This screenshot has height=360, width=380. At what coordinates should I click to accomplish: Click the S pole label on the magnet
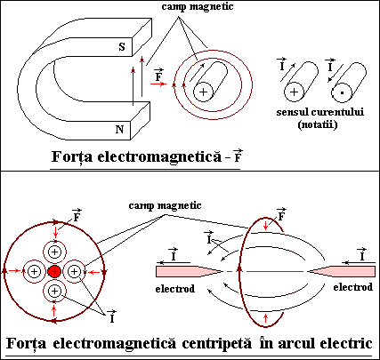click(x=122, y=47)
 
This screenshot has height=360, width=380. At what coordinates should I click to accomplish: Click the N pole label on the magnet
click(x=119, y=130)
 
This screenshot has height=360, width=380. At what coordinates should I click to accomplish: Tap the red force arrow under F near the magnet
click(x=158, y=84)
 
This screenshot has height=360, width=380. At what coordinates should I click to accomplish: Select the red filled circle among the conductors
click(x=54, y=271)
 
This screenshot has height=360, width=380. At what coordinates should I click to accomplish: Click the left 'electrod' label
click(x=175, y=289)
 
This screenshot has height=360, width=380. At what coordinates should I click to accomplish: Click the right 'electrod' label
click(x=353, y=287)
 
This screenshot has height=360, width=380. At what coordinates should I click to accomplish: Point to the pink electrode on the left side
click(x=190, y=271)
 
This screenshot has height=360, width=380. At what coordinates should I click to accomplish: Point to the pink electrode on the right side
click(x=341, y=271)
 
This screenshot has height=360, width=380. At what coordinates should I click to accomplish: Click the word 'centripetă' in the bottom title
click(x=216, y=344)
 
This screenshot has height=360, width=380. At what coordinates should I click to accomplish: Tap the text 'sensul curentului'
click(x=320, y=112)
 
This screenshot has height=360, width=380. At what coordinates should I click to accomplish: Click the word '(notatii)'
click(x=318, y=124)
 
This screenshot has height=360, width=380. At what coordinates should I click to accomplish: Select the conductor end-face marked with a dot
click(x=342, y=92)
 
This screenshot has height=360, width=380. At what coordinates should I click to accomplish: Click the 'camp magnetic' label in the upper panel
click(x=198, y=7)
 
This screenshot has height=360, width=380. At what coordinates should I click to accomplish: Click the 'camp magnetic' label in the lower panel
click(x=165, y=205)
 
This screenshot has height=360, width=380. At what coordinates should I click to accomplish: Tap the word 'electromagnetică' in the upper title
click(x=159, y=156)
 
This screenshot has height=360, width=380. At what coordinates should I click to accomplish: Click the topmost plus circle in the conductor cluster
click(x=54, y=252)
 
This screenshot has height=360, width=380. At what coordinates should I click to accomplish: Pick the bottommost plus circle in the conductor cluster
click(x=54, y=292)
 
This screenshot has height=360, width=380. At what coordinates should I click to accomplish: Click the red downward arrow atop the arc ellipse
click(x=266, y=226)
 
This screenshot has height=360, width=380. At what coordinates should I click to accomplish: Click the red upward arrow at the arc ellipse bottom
click(x=266, y=318)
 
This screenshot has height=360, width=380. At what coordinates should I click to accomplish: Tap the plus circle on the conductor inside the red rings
click(x=203, y=92)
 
